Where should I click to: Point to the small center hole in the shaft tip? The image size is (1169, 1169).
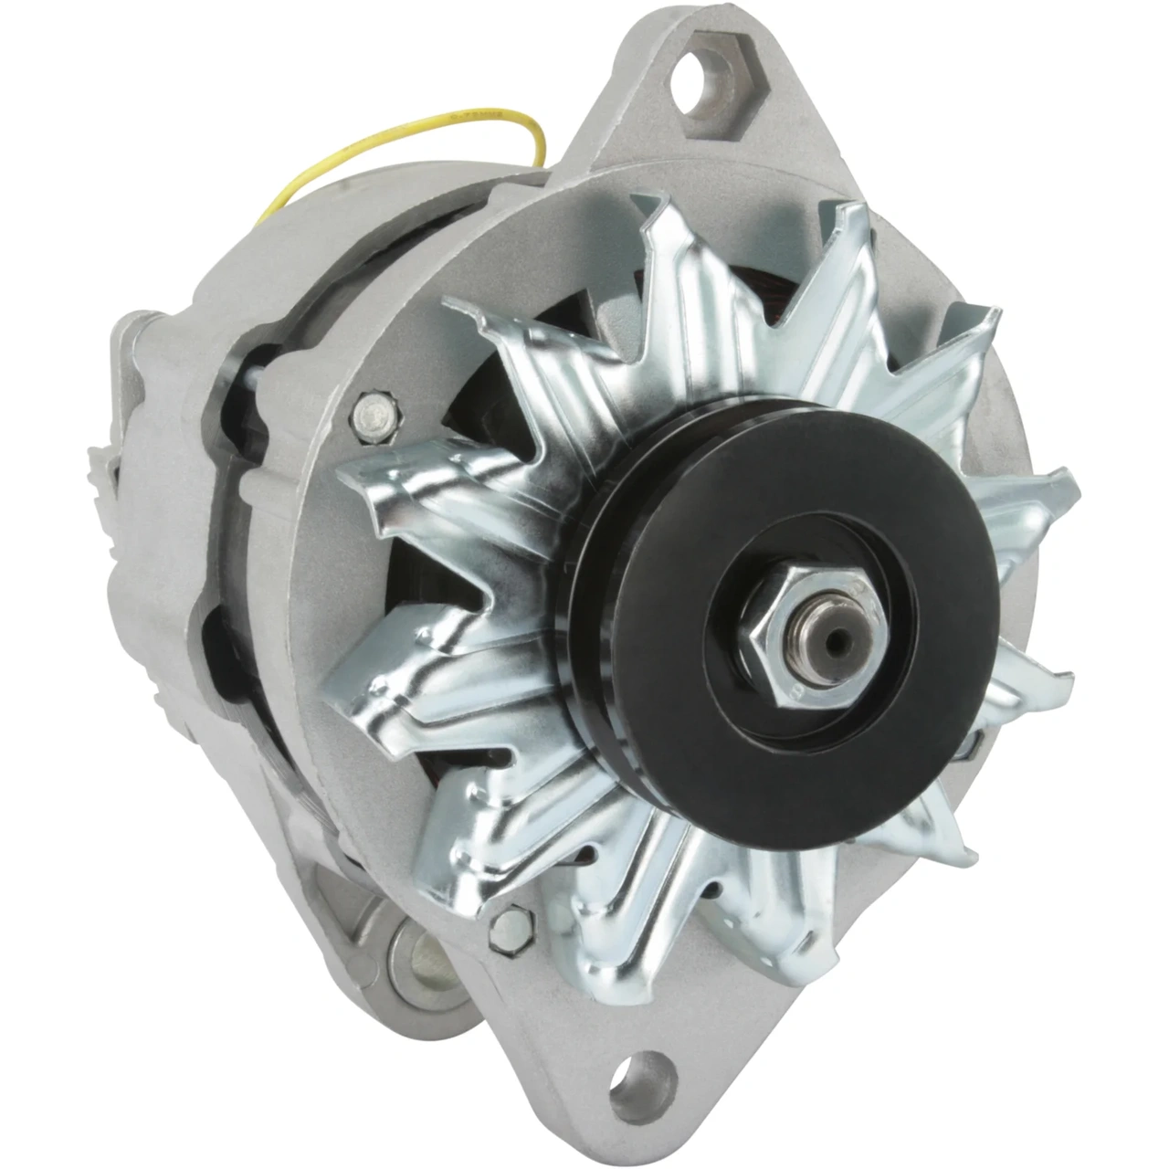coord(829,638)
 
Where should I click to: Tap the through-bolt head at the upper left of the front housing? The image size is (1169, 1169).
coord(375,410)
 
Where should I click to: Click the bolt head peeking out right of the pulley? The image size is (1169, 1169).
coord(973,744)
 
